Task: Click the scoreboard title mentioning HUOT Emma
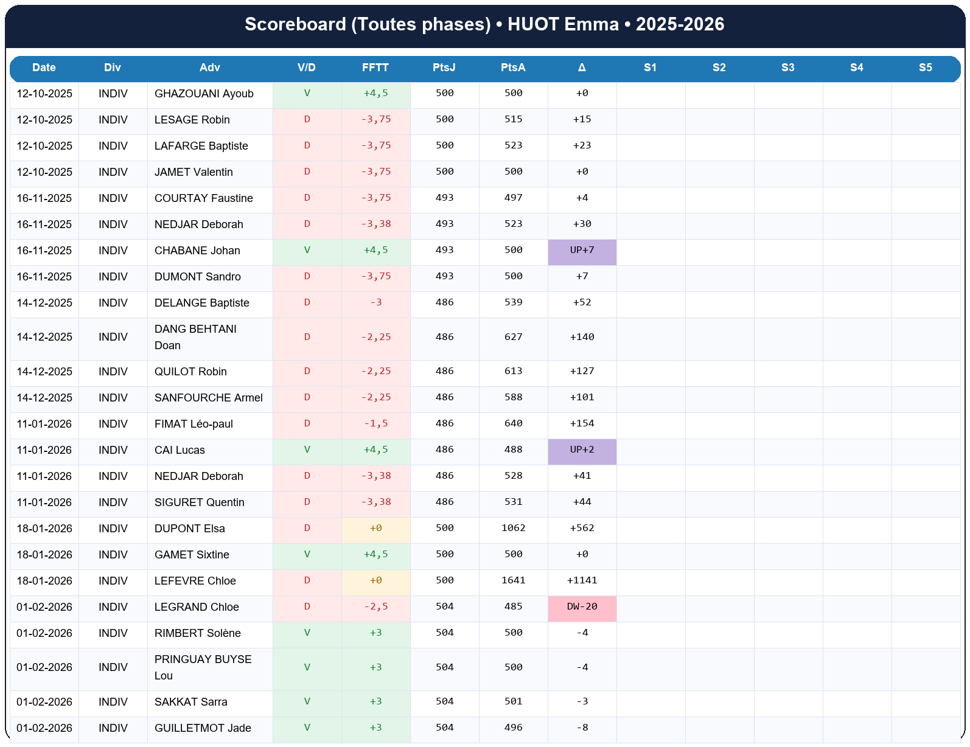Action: (x=484, y=24)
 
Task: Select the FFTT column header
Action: (x=375, y=68)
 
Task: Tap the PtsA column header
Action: (x=513, y=68)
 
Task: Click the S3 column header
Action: (x=788, y=68)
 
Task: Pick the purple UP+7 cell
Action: (x=582, y=251)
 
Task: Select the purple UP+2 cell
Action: (x=582, y=450)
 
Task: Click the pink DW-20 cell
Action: (x=582, y=607)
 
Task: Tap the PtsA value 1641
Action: (x=513, y=581)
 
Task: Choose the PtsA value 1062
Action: (x=513, y=529)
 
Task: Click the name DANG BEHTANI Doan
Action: (x=195, y=337)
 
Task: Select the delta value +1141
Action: (x=582, y=581)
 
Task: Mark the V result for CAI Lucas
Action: (x=307, y=450)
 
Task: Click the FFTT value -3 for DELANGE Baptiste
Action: (x=376, y=303)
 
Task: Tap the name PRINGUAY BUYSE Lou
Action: (x=203, y=667)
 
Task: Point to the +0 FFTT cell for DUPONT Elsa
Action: (x=376, y=529)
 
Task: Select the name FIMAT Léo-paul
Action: (x=194, y=424)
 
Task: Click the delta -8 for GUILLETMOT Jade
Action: (x=582, y=728)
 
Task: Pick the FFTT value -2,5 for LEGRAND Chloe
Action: (x=376, y=607)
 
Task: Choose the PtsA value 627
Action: (x=513, y=337)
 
